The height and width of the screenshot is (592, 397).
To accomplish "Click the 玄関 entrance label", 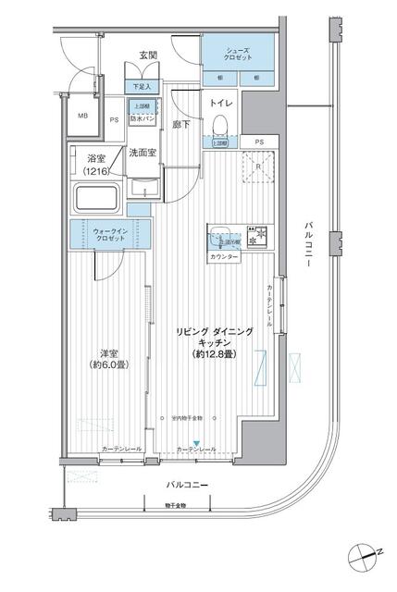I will (x=148, y=55).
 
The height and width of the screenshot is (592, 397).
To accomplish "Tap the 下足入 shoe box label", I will (x=143, y=87).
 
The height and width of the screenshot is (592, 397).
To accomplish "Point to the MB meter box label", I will (x=81, y=116).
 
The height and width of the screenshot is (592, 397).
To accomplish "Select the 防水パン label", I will (x=143, y=118).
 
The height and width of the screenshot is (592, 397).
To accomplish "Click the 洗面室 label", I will (x=142, y=154).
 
